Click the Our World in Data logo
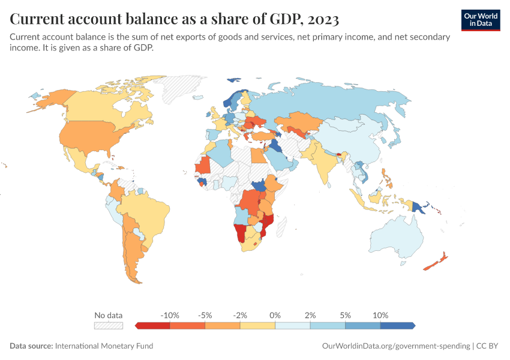(x=481, y=20)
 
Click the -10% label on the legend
(x=170, y=315)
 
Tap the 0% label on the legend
(x=275, y=315)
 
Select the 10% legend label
(x=380, y=315)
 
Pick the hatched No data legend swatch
(x=109, y=326)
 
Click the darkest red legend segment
(x=154, y=326)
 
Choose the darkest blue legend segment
(x=397, y=326)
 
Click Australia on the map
(x=395, y=237)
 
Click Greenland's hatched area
(x=180, y=90)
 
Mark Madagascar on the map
(x=283, y=229)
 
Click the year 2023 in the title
(x=323, y=20)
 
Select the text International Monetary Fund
(x=104, y=346)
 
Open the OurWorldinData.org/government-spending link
(x=395, y=346)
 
